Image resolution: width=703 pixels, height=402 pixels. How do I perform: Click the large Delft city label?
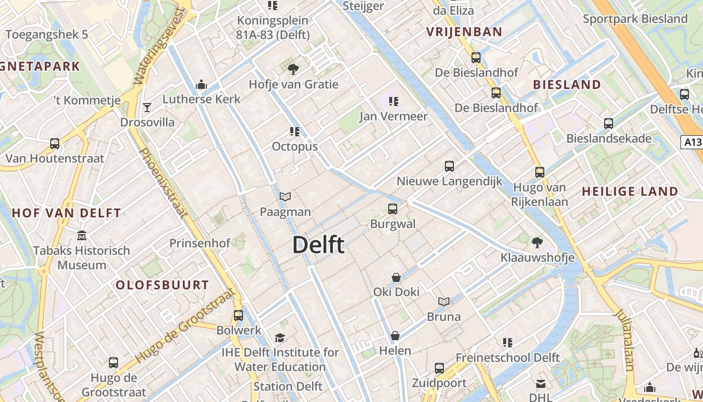point(318,245)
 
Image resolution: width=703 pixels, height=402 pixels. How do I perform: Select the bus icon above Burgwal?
point(393,209)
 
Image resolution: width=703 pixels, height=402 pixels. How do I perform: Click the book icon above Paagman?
point(285,196)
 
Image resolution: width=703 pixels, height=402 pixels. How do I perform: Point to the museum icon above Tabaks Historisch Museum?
point(81,235)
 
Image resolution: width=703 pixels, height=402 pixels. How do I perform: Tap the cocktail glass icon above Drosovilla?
point(147,107)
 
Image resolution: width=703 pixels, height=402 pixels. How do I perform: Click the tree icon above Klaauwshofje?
point(537,243)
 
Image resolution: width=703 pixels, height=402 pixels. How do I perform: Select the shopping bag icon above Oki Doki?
point(396,277)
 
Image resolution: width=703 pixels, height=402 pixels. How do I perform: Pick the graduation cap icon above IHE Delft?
point(280,338)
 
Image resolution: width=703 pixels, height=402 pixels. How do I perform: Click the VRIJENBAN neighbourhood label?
point(464,32)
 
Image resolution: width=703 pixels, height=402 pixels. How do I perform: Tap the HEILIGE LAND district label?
point(630,191)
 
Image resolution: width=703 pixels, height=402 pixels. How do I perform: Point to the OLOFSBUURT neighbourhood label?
point(162,285)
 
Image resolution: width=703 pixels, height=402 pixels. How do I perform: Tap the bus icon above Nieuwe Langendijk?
point(449,166)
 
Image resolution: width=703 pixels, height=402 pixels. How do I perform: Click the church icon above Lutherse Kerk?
point(201,84)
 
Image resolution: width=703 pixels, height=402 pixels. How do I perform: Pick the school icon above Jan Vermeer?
point(393,101)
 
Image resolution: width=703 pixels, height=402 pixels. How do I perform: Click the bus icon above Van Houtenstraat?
point(55,143)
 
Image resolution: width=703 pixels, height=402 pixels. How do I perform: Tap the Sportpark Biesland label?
point(635,19)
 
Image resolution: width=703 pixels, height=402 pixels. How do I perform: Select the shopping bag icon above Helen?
point(395,335)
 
